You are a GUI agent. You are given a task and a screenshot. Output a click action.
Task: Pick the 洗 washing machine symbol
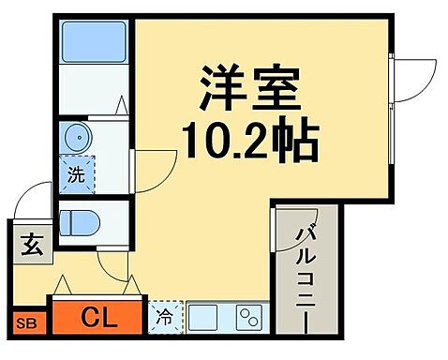pos(74,174)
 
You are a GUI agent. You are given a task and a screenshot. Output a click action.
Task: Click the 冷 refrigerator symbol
pos(164,318)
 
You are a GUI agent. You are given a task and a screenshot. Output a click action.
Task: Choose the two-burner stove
pos(247,318)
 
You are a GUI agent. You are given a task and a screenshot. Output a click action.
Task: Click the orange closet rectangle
pos(97,318)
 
